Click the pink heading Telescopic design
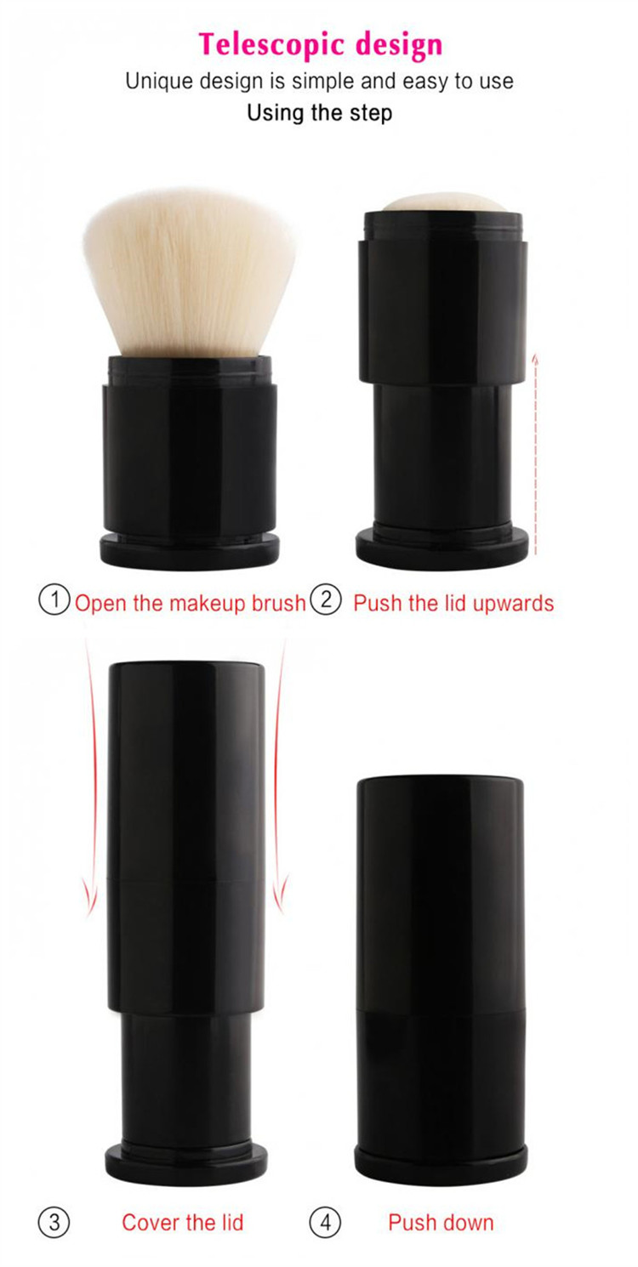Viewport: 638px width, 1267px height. (x=320, y=45)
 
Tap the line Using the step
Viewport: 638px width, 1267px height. (x=320, y=112)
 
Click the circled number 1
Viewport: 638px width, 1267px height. (x=54, y=599)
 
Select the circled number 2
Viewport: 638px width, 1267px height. (x=326, y=599)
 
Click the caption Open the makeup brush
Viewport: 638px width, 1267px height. (x=190, y=604)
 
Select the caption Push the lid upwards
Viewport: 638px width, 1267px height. (x=453, y=604)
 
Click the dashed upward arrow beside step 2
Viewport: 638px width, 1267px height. (x=535, y=454)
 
